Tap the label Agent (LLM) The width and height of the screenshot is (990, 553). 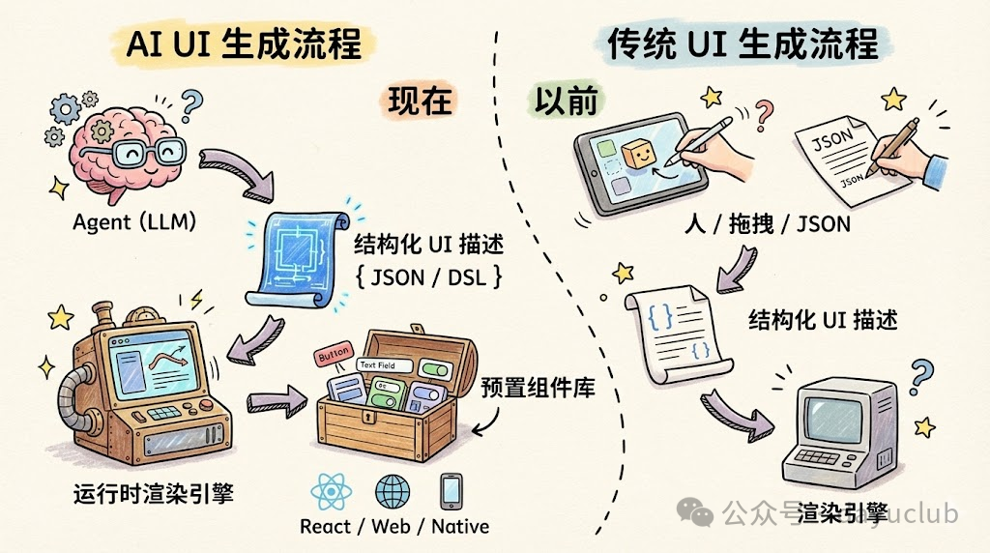tap(135, 222)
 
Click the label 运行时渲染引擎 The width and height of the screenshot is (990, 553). tap(154, 495)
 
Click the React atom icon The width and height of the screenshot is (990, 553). tap(332, 492)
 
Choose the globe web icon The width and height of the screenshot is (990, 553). tap(393, 492)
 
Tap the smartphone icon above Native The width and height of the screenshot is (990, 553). tap(451, 492)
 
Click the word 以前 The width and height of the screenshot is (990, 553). tap(567, 101)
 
